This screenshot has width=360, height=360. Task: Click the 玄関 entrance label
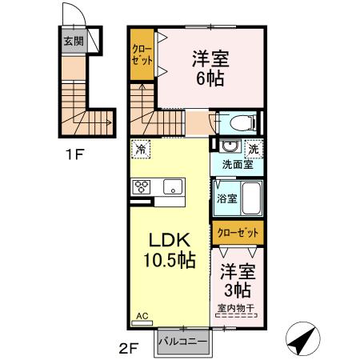(74, 41)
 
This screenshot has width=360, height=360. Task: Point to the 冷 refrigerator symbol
(142, 149)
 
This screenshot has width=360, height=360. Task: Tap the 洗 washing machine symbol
(252, 149)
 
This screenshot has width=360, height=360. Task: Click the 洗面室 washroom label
(238, 165)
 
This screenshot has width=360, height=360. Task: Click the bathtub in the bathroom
(250, 198)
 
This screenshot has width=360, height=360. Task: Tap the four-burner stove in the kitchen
(142, 186)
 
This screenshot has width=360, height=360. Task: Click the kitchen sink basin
(172, 186)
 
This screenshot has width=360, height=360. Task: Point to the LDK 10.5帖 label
(167, 249)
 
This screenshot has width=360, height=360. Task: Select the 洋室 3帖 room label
(238, 279)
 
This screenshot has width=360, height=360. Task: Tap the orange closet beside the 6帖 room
(142, 55)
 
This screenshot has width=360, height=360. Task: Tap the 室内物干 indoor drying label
(238, 307)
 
